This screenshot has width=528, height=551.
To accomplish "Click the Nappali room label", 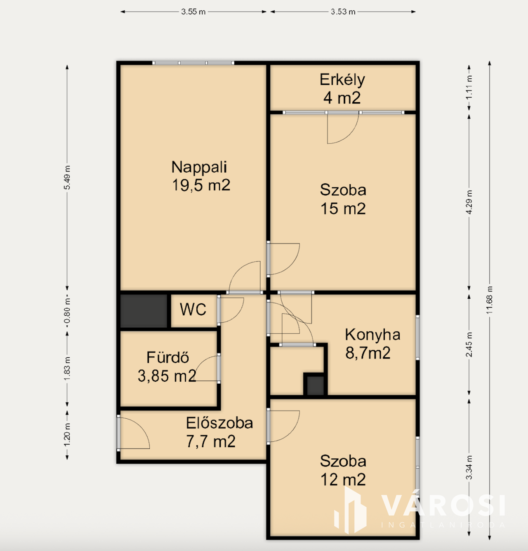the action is [x=199, y=167].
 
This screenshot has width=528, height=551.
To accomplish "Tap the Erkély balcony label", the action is [x=342, y=80].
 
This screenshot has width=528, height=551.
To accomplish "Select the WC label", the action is [x=193, y=309].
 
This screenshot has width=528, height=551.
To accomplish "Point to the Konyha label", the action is [x=372, y=335].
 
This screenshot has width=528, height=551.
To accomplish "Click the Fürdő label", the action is [x=167, y=357].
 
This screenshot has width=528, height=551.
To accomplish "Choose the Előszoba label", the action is [x=219, y=423].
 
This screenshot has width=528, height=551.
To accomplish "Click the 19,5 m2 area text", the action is [x=201, y=185].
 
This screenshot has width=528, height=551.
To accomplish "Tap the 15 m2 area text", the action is [x=343, y=209].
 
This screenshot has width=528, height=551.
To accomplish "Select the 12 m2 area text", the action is [x=343, y=480].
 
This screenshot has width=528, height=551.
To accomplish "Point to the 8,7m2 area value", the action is [x=368, y=353].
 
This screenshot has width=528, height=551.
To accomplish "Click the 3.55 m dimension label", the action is [x=193, y=12].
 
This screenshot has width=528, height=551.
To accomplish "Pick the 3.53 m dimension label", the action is [x=343, y=12].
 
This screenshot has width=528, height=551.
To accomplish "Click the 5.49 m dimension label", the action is [x=67, y=178].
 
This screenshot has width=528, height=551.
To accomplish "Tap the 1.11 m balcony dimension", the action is [x=469, y=88].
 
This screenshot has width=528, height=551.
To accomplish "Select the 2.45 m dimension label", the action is [x=469, y=345].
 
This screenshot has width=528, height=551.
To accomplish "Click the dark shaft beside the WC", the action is [x=144, y=311].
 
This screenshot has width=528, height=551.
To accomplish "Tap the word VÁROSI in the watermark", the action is [x=443, y=505].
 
